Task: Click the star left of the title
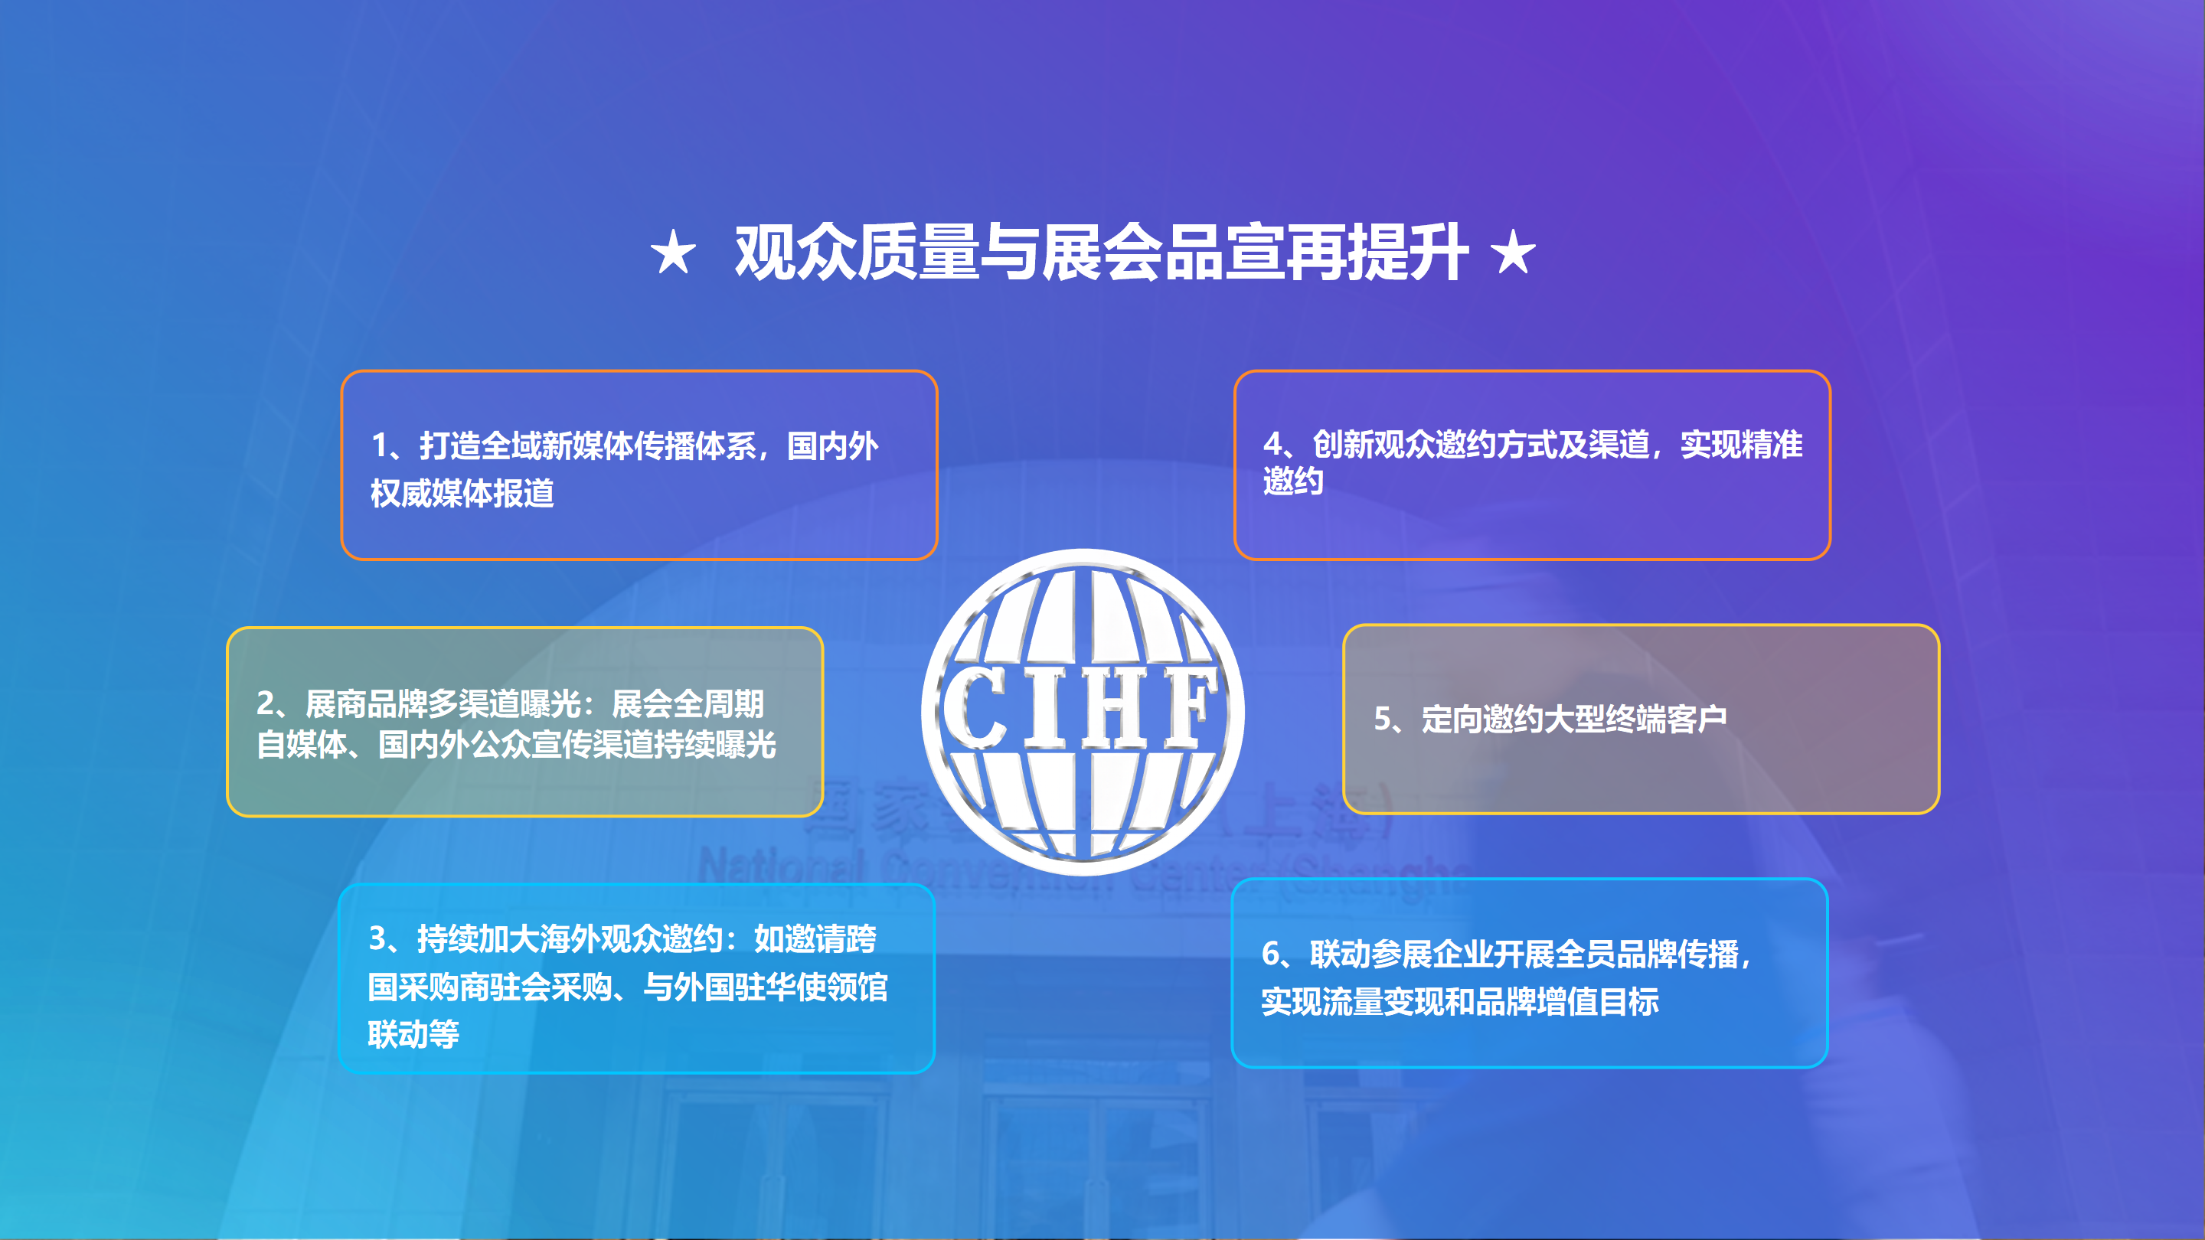click(x=673, y=253)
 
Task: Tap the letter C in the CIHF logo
click(x=977, y=705)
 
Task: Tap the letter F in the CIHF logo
click(x=1190, y=705)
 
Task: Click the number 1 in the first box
click(x=380, y=445)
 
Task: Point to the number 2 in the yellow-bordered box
click(x=266, y=703)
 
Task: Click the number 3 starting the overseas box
click(x=377, y=938)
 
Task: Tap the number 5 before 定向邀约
click(x=1383, y=719)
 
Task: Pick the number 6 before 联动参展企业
click(x=1271, y=953)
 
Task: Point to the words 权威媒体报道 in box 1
click(x=462, y=494)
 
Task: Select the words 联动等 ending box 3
click(x=413, y=1035)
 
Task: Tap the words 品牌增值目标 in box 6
click(x=1567, y=1001)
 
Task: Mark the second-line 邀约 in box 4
click(x=1293, y=481)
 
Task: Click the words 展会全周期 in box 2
click(x=688, y=704)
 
